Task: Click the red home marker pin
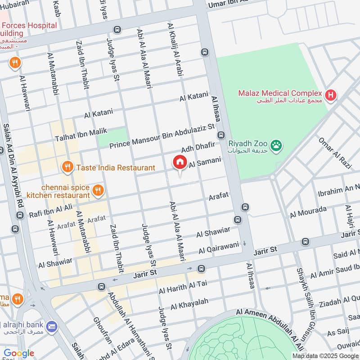[180, 162]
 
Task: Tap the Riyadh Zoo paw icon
[275, 145]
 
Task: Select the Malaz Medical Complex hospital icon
[331, 95]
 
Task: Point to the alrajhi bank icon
[52, 325]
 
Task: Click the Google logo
[19, 353]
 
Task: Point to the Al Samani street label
[205, 163]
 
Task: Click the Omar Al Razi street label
[334, 153]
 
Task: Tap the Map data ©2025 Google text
[325, 355]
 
